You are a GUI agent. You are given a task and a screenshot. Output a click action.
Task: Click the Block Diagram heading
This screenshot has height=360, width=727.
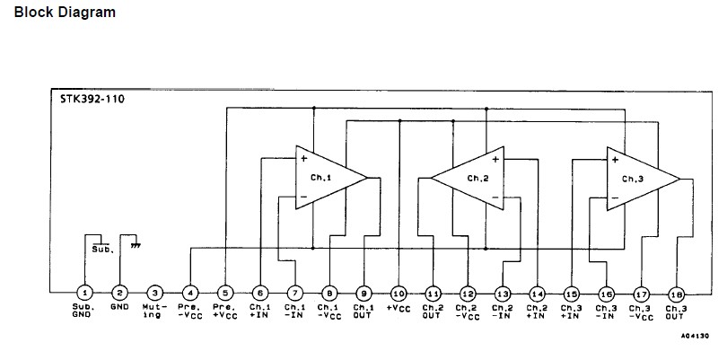(65, 13)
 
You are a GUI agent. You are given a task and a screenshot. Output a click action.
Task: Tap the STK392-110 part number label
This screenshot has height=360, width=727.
(87, 99)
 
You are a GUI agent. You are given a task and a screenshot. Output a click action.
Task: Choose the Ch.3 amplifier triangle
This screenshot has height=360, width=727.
(642, 178)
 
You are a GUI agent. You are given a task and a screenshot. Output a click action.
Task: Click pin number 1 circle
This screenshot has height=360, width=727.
(83, 293)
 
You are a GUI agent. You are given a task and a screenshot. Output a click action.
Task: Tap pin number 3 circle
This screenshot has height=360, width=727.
(154, 293)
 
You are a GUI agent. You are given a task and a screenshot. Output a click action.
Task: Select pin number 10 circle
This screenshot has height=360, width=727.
(399, 293)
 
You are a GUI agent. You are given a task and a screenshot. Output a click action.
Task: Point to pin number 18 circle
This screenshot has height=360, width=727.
(677, 293)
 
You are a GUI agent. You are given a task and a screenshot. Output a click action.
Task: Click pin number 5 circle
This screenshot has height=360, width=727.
(224, 293)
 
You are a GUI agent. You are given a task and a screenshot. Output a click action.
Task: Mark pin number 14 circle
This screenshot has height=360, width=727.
(537, 293)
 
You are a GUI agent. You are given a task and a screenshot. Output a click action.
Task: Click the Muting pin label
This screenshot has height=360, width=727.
(154, 311)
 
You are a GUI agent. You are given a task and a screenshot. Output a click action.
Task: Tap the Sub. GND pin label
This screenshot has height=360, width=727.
(83, 311)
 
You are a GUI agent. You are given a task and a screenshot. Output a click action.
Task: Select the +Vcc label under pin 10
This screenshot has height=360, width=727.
(399, 307)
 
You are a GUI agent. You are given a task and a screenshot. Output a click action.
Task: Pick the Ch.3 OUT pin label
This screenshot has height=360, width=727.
(677, 311)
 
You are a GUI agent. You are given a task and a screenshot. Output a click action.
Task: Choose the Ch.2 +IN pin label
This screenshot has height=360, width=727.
(537, 311)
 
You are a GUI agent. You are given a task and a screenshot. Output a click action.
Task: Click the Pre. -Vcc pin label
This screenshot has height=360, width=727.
(189, 311)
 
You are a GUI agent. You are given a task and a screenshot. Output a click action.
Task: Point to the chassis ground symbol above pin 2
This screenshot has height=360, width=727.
(136, 243)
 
